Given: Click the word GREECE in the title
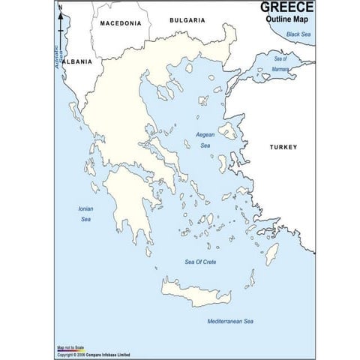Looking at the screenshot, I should click(x=287, y=7).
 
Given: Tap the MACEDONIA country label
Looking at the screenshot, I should click(x=121, y=23).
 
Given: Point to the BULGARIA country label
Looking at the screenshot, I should click(x=187, y=20).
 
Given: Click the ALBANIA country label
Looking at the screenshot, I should click(x=76, y=61).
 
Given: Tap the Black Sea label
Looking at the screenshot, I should click(x=297, y=34).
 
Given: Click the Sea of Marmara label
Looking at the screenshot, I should click(x=280, y=62).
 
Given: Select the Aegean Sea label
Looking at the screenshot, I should click(x=205, y=140).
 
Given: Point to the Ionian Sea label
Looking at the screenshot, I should click(x=85, y=214).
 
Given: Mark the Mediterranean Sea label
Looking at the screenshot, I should click(x=230, y=321).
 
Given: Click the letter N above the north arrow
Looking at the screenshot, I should click(x=60, y=7).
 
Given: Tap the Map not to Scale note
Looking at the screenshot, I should click(x=71, y=348).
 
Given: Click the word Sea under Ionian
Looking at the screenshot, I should click(x=85, y=219).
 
